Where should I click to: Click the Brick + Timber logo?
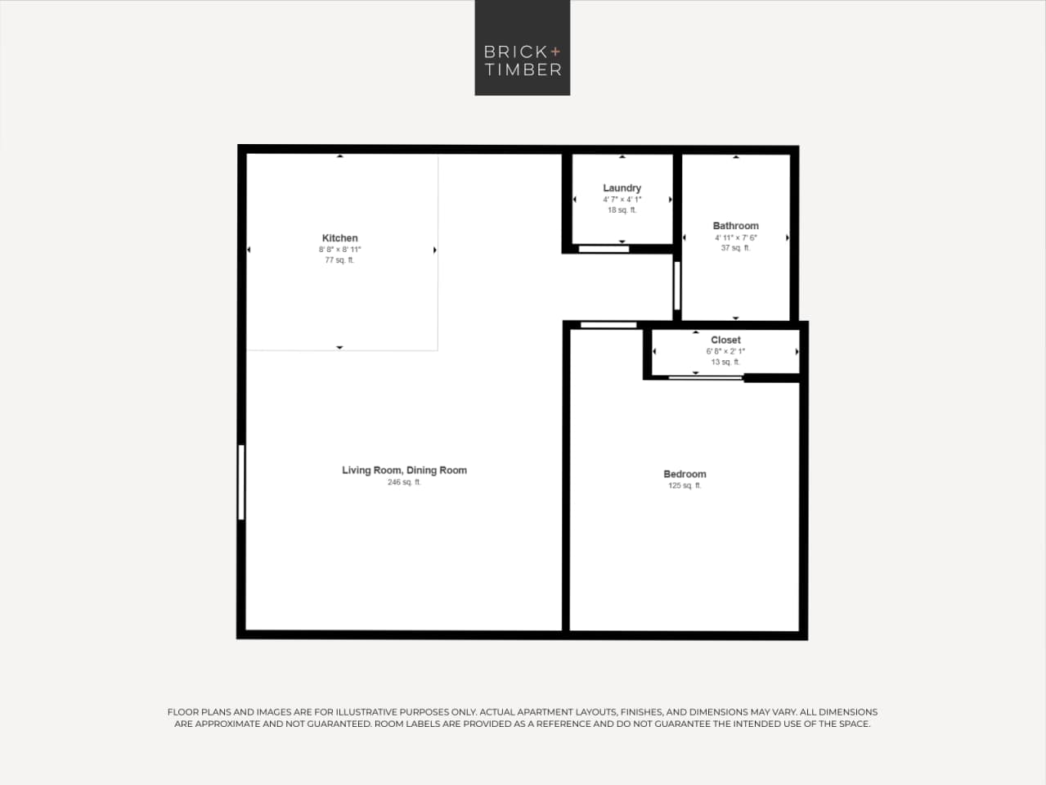(523, 48)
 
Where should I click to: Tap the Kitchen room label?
(339, 238)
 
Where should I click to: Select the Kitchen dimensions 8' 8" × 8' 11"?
(339, 250)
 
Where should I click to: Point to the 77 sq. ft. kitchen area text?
(339, 260)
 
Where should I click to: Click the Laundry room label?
(622, 188)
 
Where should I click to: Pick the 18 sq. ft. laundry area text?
(622, 210)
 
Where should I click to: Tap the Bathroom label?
(735, 226)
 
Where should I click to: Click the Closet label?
(725, 340)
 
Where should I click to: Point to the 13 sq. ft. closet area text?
(725, 362)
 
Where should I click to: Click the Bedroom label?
(685, 474)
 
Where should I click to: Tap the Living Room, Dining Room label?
(404, 470)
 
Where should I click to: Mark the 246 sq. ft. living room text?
(404, 482)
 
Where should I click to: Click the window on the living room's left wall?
(241, 481)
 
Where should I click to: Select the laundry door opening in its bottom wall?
(604, 249)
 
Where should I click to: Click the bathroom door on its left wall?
(677, 285)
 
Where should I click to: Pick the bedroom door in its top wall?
(608, 325)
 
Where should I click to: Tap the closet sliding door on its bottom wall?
(705, 377)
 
